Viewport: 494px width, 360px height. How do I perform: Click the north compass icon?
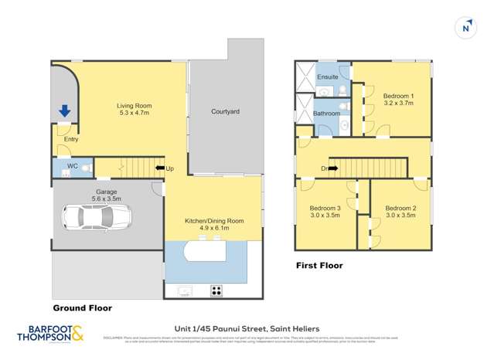465,28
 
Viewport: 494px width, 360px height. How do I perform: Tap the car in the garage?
93,217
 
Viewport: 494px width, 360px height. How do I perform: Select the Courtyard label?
225,112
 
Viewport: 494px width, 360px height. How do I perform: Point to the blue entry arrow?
64,113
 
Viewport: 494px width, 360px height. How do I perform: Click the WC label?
72,166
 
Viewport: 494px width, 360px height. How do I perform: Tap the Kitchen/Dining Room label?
213,221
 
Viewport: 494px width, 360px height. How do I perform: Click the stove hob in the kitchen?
217,290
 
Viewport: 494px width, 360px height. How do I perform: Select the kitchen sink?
184,291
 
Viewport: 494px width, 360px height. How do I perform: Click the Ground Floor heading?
82,308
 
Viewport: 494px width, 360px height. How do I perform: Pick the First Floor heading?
319,266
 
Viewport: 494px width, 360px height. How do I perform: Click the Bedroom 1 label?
399,97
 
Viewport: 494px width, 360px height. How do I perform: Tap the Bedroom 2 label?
400,208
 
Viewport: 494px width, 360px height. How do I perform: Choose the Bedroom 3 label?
325,208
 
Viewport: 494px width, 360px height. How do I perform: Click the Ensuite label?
328,77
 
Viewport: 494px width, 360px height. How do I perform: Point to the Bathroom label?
326,114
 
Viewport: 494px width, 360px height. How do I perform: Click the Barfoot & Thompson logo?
50,335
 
